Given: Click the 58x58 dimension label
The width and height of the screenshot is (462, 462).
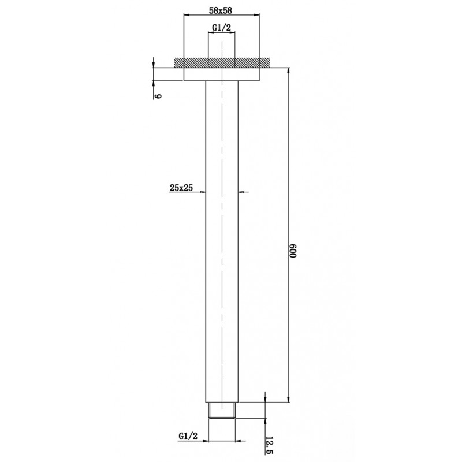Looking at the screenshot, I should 221,10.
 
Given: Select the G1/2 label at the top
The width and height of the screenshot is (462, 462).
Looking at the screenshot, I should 221,27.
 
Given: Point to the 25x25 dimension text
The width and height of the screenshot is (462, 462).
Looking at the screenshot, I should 181,188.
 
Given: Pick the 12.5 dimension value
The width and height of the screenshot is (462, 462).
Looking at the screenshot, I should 270,445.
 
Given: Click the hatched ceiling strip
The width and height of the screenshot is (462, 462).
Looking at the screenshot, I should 221,62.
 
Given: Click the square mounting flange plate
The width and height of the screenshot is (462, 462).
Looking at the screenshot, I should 221,73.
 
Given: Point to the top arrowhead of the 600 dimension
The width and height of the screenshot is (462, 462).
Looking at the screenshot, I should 287,69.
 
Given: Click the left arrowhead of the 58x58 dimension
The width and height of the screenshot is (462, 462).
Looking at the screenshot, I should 187,16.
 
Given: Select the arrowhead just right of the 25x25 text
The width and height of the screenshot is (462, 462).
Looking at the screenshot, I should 203,192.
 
